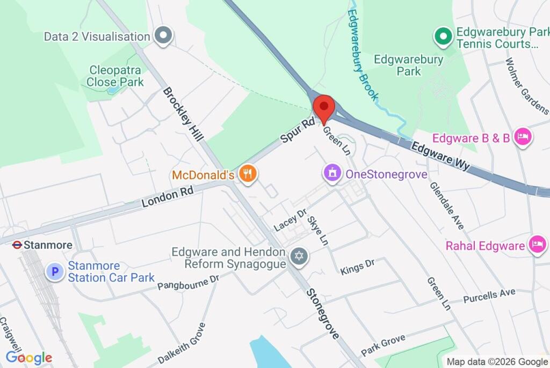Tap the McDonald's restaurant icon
click(x=248, y=174)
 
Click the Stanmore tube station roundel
click(x=17, y=245)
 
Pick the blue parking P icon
click(x=54, y=271)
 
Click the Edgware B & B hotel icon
click(x=522, y=137)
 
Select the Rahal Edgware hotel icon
click(x=537, y=245)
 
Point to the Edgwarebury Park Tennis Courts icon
click(x=443, y=36)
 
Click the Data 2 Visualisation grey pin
click(x=162, y=36)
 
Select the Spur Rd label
click(x=297, y=131)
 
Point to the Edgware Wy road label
click(x=440, y=156)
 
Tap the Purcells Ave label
click(x=489, y=295)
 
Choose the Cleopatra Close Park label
click(x=115, y=76)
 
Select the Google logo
click(x=29, y=358)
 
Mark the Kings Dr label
click(x=357, y=267)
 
